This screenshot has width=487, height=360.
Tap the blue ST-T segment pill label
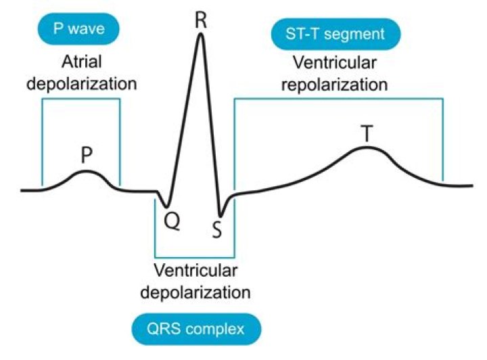point(335,35)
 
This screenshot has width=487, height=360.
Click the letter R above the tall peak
point(200,19)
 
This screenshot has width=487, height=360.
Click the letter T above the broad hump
point(366,134)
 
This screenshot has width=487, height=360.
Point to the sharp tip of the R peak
point(200,34)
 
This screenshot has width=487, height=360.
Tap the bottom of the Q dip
point(166,206)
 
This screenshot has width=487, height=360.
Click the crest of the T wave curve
point(367,147)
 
